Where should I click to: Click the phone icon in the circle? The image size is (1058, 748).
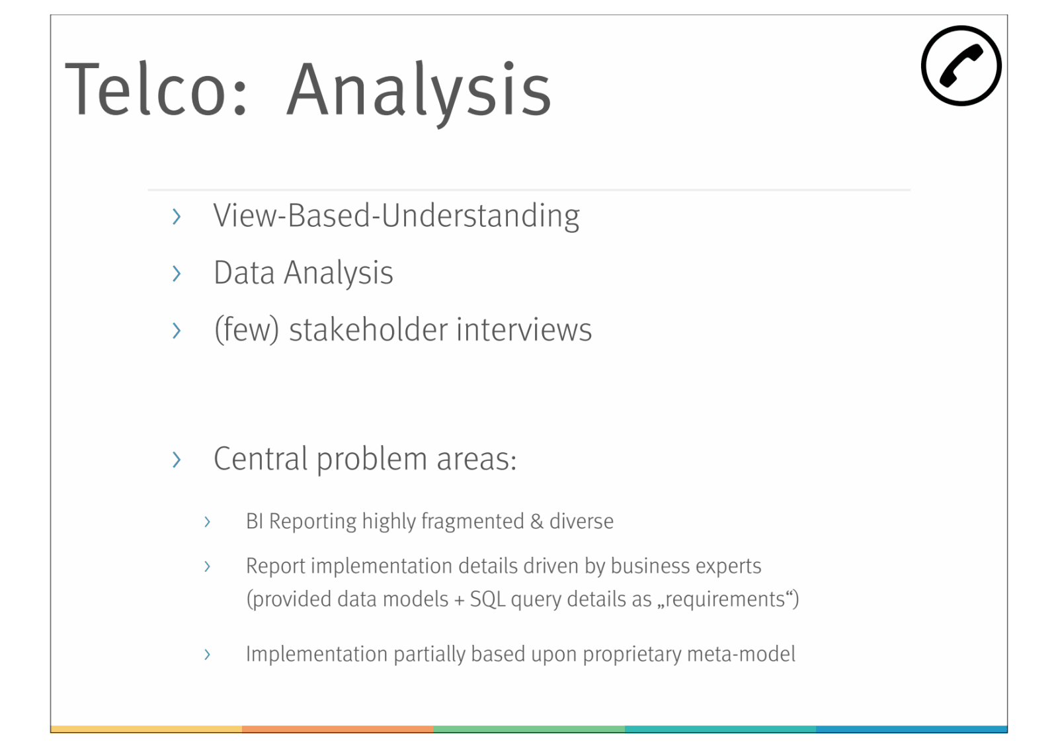click(x=961, y=66)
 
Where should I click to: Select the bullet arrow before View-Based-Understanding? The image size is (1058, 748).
click(x=177, y=216)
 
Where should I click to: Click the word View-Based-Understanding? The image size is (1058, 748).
click(x=396, y=216)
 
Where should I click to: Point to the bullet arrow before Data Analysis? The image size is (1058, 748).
click(x=177, y=274)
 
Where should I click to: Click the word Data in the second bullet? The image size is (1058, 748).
click(x=244, y=272)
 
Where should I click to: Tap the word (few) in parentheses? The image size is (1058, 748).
click(x=247, y=330)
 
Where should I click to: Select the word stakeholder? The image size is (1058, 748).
click(x=368, y=329)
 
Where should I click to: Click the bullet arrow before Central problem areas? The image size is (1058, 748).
click(x=177, y=460)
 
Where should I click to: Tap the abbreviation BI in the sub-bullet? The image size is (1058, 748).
click(x=255, y=522)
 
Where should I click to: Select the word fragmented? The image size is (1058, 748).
click(x=472, y=522)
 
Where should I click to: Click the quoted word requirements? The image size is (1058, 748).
click(x=725, y=599)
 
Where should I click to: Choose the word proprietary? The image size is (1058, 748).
click(x=632, y=655)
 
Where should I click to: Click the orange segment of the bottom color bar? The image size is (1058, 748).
click(x=338, y=729)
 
